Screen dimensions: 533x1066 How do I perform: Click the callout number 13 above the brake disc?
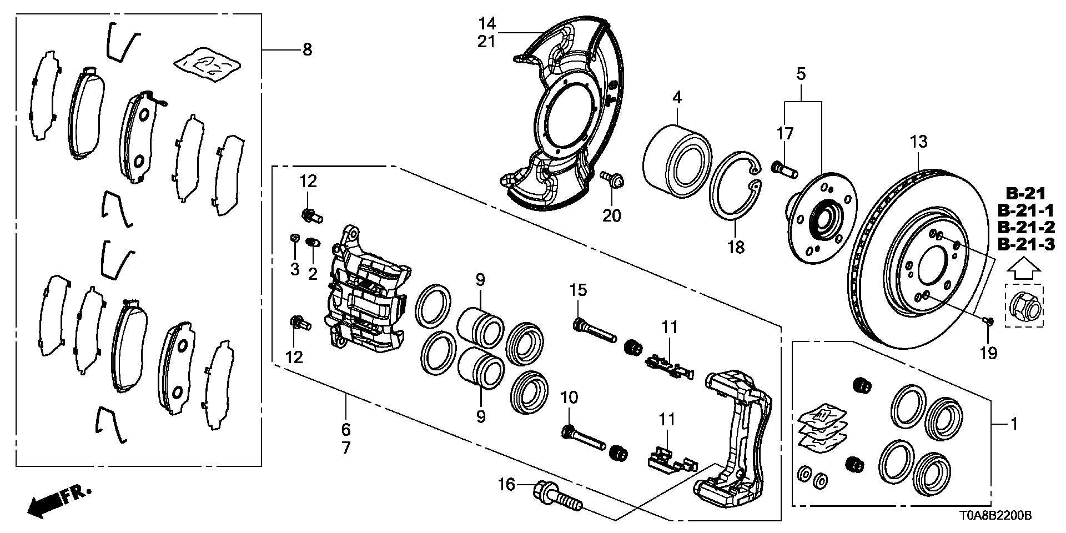point(918,142)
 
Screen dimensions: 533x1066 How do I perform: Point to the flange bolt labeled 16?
point(724,496)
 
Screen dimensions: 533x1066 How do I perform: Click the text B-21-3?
point(1026,244)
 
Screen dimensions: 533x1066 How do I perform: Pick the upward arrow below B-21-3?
point(1025,270)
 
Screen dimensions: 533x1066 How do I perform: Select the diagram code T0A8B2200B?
point(994,516)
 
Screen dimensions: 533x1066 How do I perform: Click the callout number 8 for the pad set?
point(307,50)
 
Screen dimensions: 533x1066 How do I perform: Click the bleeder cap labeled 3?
point(295,239)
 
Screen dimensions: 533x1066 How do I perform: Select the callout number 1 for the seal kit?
point(1014,424)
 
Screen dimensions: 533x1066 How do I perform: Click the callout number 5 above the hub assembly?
point(801,73)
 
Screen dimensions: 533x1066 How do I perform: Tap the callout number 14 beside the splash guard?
point(487,23)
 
